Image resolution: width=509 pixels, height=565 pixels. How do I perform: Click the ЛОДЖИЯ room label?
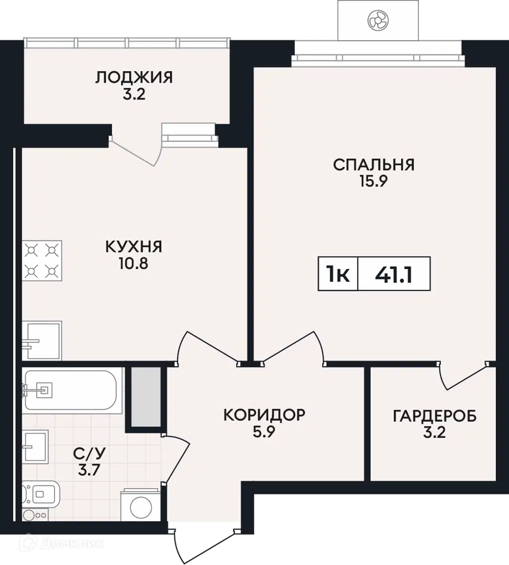[x=134, y=77]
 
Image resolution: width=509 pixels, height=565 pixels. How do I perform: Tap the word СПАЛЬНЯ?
[x=373, y=165]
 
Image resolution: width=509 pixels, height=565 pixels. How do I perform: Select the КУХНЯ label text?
[x=134, y=247]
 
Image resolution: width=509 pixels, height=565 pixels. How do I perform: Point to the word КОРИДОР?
[x=264, y=415]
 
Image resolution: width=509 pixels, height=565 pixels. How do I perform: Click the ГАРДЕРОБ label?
[x=434, y=416]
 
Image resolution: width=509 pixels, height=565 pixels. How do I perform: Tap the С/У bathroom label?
[x=89, y=453]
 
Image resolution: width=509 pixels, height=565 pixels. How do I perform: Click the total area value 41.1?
[x=394, y=275]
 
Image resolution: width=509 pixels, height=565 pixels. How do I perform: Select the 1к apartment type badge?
[x=338, y=275]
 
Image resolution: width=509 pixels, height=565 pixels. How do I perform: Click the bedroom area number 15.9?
[x=373, y=181]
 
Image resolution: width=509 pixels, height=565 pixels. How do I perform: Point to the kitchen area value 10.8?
[x=134, y=264]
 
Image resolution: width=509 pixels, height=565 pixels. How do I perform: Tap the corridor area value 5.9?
[x=264, y=432]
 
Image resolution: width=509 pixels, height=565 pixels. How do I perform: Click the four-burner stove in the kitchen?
[x=42, y=261]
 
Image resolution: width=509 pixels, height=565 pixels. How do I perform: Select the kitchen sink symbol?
[x=42, y=340]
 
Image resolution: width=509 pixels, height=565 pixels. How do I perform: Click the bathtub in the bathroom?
[x=70, y=390]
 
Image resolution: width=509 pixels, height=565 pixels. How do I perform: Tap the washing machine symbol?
[x=141, y=505]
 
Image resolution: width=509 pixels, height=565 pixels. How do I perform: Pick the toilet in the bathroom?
[x=40, y=494]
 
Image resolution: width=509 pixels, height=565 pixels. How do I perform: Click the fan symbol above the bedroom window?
[x=378, y=20]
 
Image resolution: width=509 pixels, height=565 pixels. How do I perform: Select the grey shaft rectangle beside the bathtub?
[x=146, y=397]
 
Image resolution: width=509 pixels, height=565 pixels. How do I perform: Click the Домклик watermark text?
[x=71, y=544]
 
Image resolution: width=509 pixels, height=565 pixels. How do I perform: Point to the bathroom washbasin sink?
[x=36, y=446]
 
